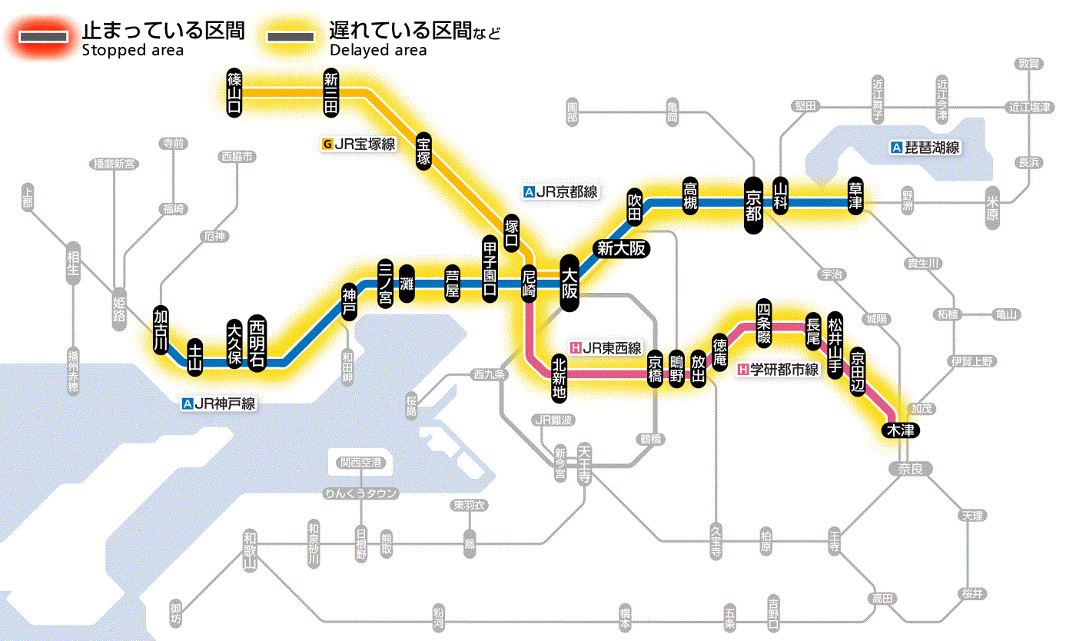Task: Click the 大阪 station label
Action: point(570,283)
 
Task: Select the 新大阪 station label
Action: point(621,248)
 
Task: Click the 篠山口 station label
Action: point(234,93)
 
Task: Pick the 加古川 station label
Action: point(161,330)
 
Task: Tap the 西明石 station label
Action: point(257,344)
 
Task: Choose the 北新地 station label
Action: point(560,377)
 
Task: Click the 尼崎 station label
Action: point(529,284)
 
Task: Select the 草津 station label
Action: point(855,197)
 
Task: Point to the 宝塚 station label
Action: point(423,151)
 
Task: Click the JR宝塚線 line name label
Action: point(360,144)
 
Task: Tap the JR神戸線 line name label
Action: point(219,404)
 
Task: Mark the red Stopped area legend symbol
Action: point(43,38)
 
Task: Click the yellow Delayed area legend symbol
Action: point(290,38)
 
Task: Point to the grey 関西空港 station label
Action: point(361,463)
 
